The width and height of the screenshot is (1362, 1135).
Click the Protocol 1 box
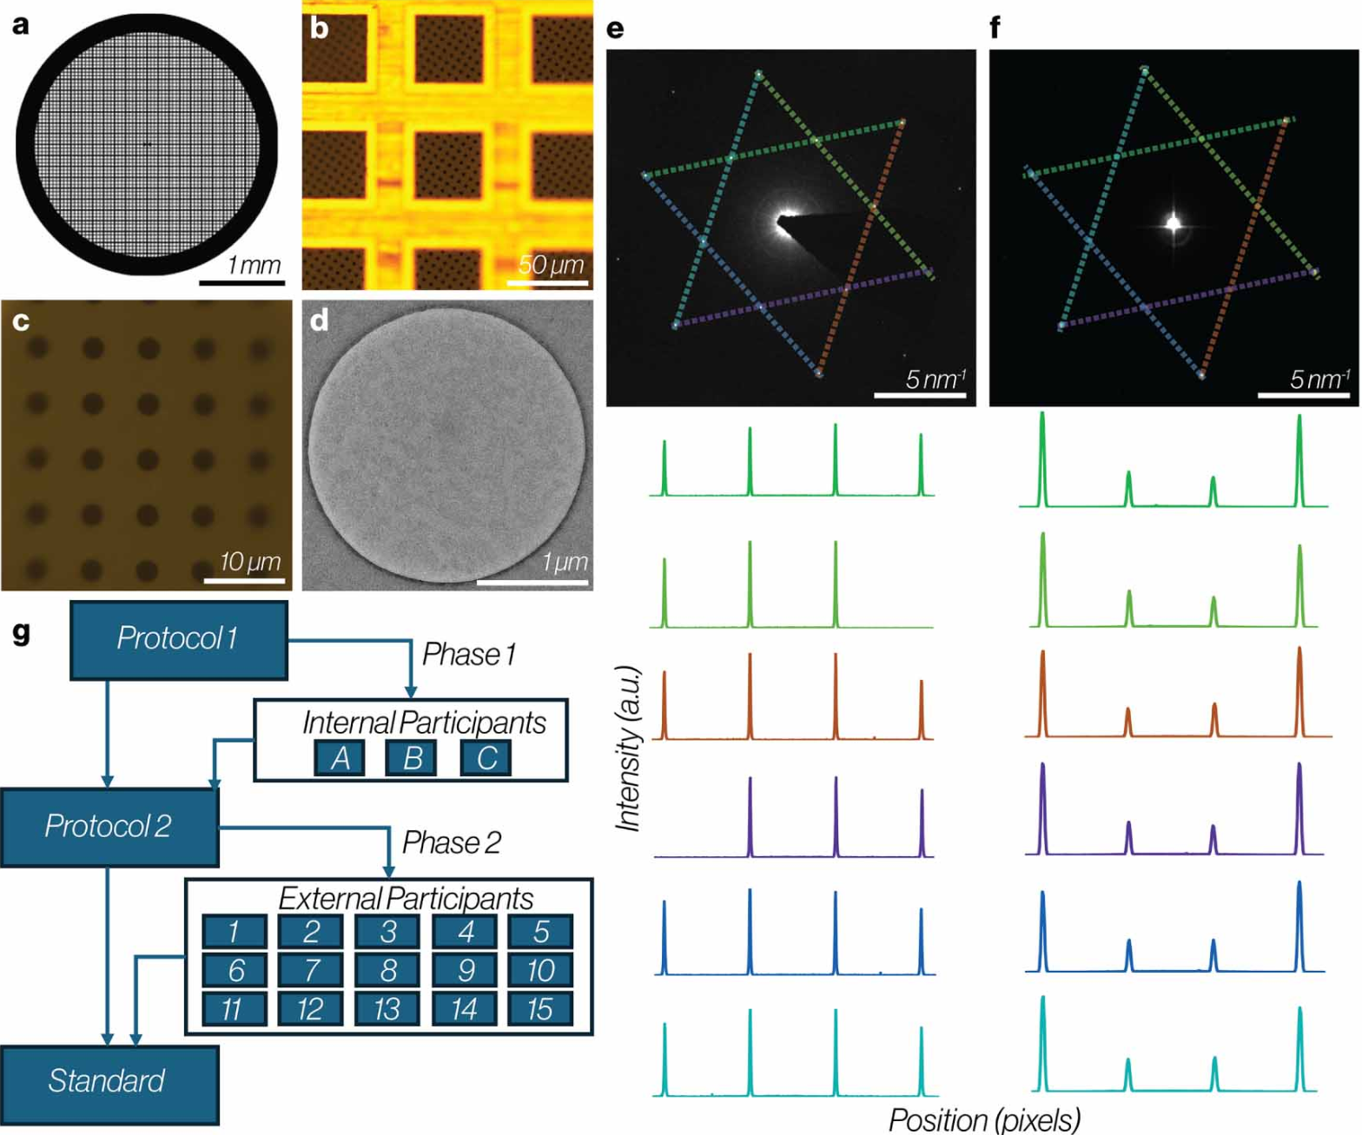click(179, 640)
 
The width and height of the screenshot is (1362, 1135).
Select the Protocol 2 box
click(109, 827)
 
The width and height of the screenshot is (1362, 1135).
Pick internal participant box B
click(411, 758)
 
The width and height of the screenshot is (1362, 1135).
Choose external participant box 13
click(387, 1008)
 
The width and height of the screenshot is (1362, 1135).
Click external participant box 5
click(540, 931)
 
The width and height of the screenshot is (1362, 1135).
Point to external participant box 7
click(310, 969)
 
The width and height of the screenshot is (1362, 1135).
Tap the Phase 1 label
click(469, 654)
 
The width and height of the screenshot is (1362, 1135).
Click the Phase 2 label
click(452, 842)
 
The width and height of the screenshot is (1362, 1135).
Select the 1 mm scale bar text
click(254, 265)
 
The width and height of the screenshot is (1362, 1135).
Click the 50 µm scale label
click(552, 265)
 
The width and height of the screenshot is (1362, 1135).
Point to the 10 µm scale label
click(250, 562)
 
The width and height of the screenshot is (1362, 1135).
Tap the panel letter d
click(319, 320)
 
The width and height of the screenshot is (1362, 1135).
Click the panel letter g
click(22, 632)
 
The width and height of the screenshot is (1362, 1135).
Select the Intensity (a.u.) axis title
click(627, 749)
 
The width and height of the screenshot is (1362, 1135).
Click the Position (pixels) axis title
click(984, 1119)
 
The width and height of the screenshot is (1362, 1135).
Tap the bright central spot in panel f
click(1174, 224)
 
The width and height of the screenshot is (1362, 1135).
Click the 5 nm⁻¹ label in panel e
click(936, 379)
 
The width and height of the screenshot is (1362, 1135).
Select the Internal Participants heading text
click(424, 723)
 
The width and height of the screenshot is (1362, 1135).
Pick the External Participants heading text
click(406, 898)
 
